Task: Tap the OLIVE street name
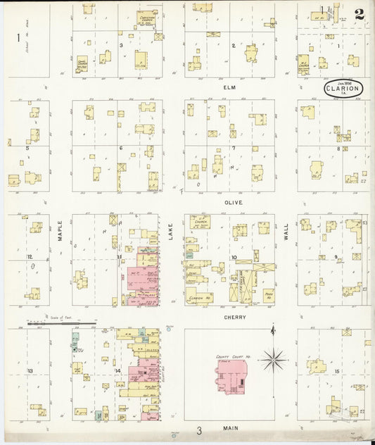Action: click(x=234, y=202)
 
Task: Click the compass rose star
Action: click(x=274, y=360)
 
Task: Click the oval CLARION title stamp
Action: click(x=343, y=89)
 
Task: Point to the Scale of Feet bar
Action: click(x=71, y=323)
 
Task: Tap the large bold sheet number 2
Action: click(x=360, y=13)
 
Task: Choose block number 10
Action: click(x=233, y=257)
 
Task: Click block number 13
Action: click(x=30, y=370)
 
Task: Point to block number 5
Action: click(x=27, y=148)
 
